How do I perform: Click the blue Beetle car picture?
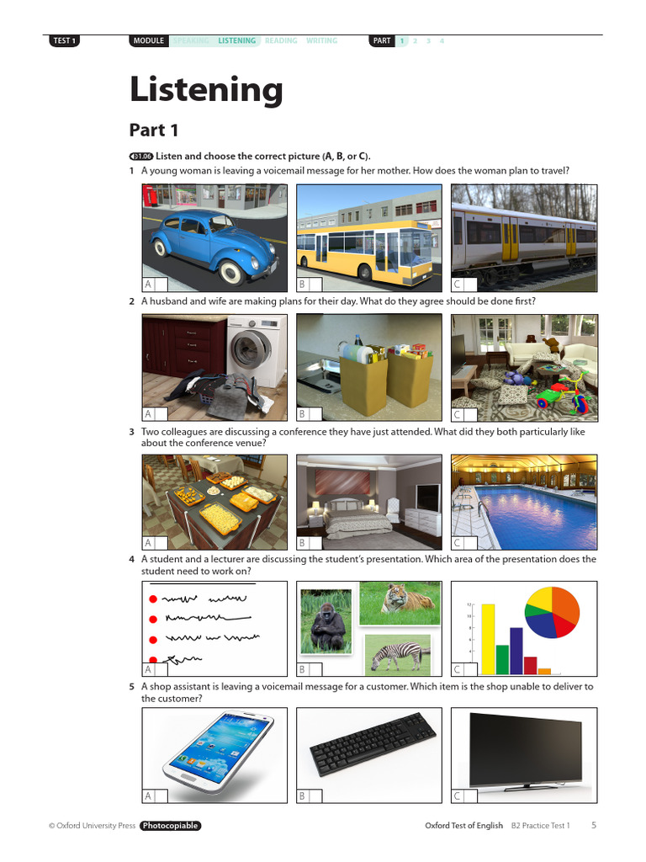[214, 237]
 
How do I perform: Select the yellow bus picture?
[369, 237]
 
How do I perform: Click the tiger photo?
[400, 603]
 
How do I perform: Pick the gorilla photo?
[326, 621]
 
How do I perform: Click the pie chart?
[552, 612]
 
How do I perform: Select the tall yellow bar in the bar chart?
[488, 639]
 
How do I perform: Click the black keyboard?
[373, 744]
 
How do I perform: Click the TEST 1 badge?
[65, 40]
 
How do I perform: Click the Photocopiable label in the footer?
[170, 826]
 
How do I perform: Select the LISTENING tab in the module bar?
[236, 40]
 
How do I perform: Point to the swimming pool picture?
[524, 503]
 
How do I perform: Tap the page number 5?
[594, 825]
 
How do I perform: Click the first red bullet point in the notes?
[153, 599]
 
